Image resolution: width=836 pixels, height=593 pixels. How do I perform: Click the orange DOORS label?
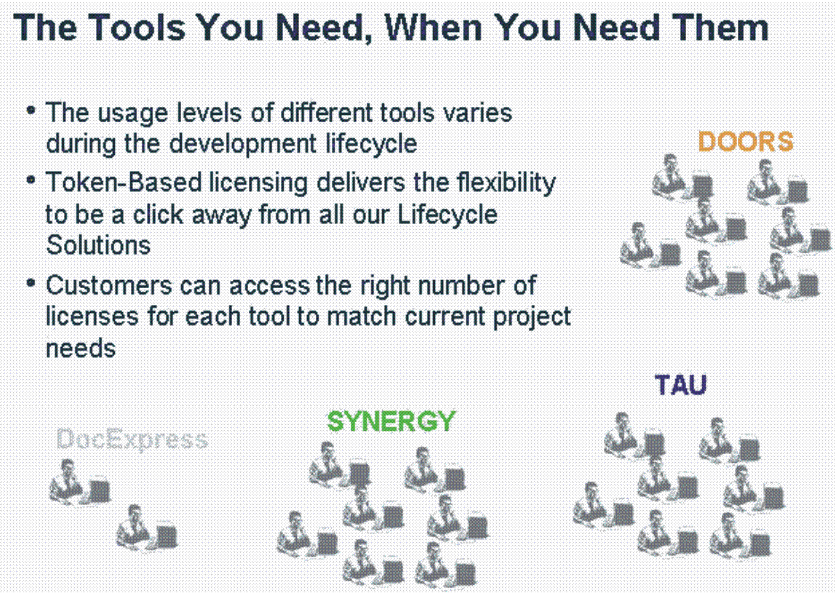point(745,142)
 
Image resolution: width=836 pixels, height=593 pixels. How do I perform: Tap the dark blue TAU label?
point(681,384)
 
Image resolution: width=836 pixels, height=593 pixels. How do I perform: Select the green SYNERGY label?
point(391,421)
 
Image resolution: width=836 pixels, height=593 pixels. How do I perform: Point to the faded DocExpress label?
point(132,440)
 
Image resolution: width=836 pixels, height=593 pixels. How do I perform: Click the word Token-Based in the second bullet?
point(124,183)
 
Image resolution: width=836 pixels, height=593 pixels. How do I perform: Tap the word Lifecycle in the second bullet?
point(448,215)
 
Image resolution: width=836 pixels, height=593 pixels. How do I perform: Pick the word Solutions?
point(98,245)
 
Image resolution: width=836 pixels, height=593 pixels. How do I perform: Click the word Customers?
point(108,285)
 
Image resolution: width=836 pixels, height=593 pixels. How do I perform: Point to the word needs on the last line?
point(81,349)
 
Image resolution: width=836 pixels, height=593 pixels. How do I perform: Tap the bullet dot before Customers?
point(31,282)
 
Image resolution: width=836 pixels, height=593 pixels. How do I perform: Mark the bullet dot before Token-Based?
point(31,180)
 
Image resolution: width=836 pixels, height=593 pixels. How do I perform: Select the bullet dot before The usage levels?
point(31,110)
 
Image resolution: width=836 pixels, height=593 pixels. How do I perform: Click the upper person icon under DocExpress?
point(80,481)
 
